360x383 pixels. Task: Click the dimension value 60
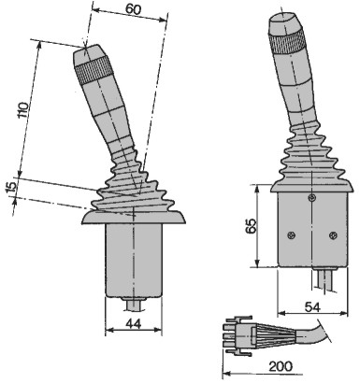(134, 9)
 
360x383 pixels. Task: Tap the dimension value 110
(23, 110)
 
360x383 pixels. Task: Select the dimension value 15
(11, 187)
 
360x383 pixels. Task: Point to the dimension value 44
(134, 324)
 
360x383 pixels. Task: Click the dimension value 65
(251, 226)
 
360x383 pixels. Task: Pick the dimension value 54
(312, 307)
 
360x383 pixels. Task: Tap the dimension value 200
(281, 366)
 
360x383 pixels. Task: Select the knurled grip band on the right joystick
(287, 41)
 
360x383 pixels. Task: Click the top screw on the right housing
(311, 197)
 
